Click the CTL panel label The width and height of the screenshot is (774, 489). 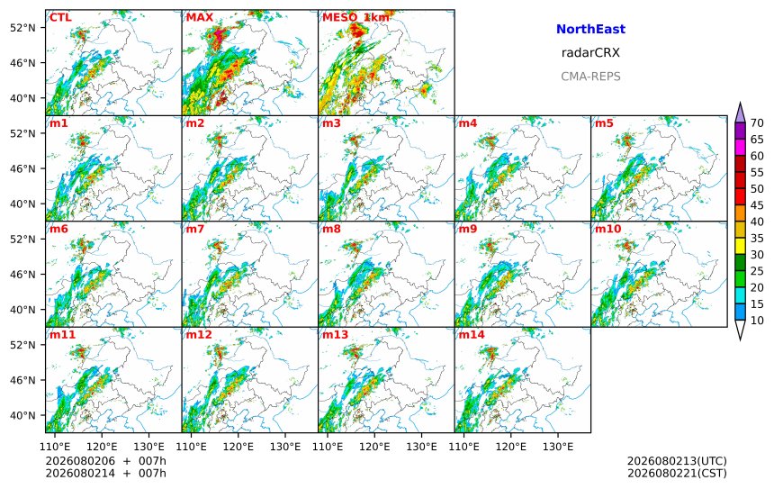60,18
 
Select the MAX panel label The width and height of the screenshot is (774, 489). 200,18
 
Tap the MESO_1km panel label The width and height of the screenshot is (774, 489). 355,18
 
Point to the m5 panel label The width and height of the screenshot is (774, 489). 604,123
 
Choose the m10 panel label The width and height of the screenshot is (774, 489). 607,229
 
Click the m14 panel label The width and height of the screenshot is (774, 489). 472,335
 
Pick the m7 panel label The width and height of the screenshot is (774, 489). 195,229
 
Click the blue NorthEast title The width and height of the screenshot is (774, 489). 590,29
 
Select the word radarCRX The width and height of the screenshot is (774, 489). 590,53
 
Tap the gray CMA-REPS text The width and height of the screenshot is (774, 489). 590,77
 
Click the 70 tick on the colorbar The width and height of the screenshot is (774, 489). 757,123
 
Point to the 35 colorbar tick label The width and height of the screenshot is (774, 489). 757,238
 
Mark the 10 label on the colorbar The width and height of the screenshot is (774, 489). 757,321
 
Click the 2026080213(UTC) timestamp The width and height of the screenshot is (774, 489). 677,461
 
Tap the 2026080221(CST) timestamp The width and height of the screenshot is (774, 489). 677,473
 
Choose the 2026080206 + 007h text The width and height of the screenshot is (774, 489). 105,461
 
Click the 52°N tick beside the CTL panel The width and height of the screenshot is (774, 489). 22,28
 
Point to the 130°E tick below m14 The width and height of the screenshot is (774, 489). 558,447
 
